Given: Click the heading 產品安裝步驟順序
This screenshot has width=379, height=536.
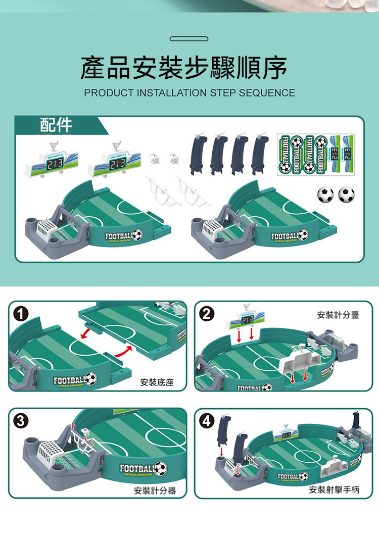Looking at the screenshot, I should click(x=184, y=68).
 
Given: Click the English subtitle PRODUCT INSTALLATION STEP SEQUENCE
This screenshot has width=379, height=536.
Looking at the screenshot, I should click(x=189, y=93).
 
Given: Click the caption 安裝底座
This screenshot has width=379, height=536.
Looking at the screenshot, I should click(x=157, y=382).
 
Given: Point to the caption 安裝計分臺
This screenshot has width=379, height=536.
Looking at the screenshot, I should click(x=338, y=315).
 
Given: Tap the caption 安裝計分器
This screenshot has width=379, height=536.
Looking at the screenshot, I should click(x=155, y=490).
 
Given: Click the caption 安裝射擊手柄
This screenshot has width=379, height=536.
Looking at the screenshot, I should click(x=334, y=490).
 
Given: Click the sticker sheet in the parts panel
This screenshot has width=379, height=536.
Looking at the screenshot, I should click(x=316, y=154).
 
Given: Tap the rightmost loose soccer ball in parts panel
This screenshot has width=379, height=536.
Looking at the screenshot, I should click(x=346, y=194).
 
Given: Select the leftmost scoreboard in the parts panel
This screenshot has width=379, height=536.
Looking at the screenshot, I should click(x=50, y=163).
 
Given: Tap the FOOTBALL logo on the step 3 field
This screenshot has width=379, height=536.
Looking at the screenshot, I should click(x=143, y=469).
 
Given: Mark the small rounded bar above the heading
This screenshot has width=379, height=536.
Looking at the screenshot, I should click(x=189, y=38).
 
